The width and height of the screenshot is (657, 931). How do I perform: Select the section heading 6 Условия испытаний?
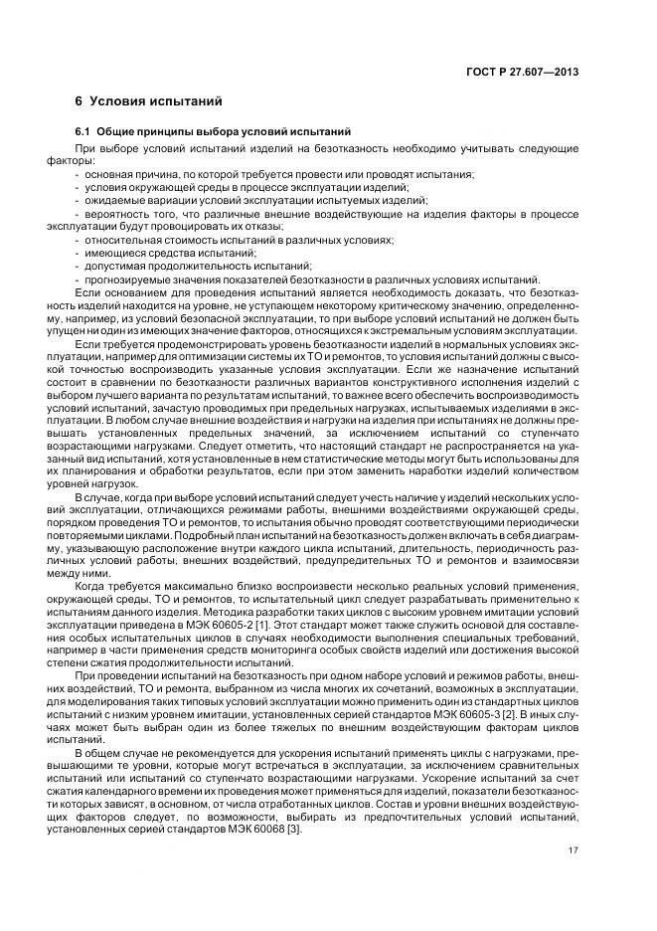tap(149, 102)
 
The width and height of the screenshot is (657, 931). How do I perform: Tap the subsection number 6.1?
tap(83, 133)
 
